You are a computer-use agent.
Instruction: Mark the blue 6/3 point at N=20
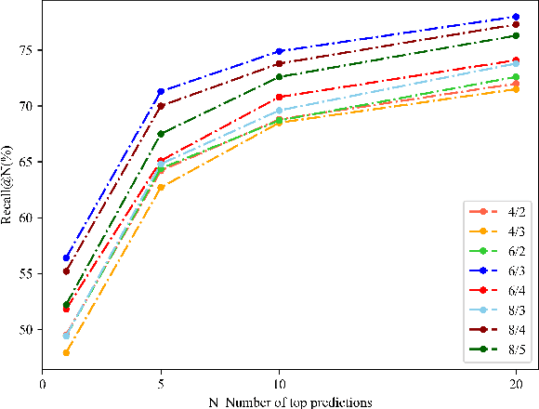(516, 17)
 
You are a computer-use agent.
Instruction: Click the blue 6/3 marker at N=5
(161, 91)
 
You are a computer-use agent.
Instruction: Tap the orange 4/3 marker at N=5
(161, 187)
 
